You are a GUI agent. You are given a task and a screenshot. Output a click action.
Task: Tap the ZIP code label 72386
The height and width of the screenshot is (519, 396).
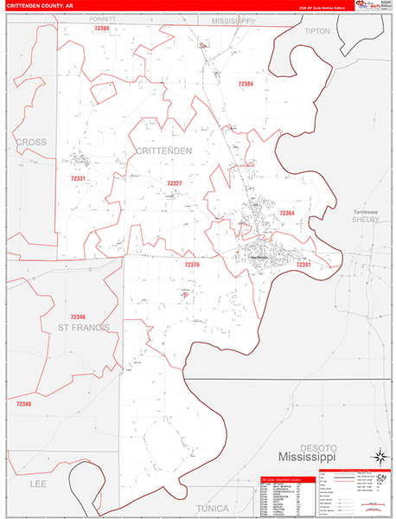click(x=102, y=29)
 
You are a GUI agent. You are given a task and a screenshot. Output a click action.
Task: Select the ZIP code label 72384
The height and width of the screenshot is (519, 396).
click(x=246, y=84)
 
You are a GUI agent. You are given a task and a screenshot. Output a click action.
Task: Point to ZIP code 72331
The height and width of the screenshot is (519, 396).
click(x=78, y=178)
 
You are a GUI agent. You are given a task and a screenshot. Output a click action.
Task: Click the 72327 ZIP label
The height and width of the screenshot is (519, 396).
click(x=175, y=183)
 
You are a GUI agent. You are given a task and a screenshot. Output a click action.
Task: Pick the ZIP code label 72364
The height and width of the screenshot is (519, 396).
click(x=287, y=213)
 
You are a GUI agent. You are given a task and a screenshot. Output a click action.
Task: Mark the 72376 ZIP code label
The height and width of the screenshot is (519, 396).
click(x=192, y=265)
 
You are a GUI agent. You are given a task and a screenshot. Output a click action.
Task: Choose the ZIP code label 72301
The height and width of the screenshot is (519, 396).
click(x=303, y=265)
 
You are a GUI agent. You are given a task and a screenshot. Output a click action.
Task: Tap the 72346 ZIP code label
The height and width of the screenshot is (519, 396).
click(x=79, y=317)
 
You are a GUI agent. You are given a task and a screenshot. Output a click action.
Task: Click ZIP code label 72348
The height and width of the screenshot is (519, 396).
click(x=23, y=404)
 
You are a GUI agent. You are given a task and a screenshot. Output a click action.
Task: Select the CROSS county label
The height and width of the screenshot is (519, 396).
click(x=30, y=141)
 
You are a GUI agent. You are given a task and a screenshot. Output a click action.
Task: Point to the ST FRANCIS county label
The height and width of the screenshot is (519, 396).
click(x=84, y=328)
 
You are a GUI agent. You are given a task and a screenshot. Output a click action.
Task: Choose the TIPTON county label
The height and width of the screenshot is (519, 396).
click(x=317, y=30)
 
